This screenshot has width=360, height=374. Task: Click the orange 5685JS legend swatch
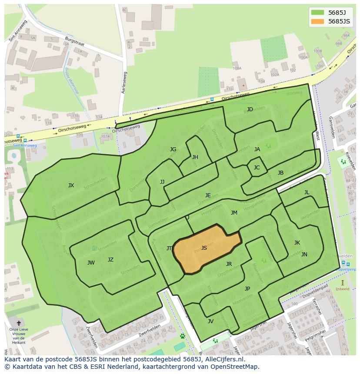(x=318, y=21)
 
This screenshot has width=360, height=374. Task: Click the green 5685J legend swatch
(x=318, y=13)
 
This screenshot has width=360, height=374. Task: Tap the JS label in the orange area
(x=204, y=248)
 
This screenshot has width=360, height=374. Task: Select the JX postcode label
(x=71, y=185)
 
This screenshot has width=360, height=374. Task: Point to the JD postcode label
(x=250, y=109)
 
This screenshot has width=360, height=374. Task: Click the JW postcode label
(x=91, y=262)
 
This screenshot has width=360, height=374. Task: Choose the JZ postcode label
(x=110, y=260)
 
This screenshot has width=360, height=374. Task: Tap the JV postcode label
(x=210, y=321)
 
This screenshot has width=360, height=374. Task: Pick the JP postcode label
(x=247, y=288)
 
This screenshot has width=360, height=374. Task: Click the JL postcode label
(x=307, y=192)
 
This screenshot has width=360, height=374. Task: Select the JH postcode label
(x=195, y=157)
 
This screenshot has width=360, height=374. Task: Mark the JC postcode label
(x=257, y=168)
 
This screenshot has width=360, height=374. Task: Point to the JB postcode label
(x=280, y=173)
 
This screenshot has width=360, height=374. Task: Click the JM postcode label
(x=234, y=213)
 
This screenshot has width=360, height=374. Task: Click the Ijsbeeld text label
(x=343, y=289)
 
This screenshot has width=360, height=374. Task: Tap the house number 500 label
(x=294, y=304)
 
